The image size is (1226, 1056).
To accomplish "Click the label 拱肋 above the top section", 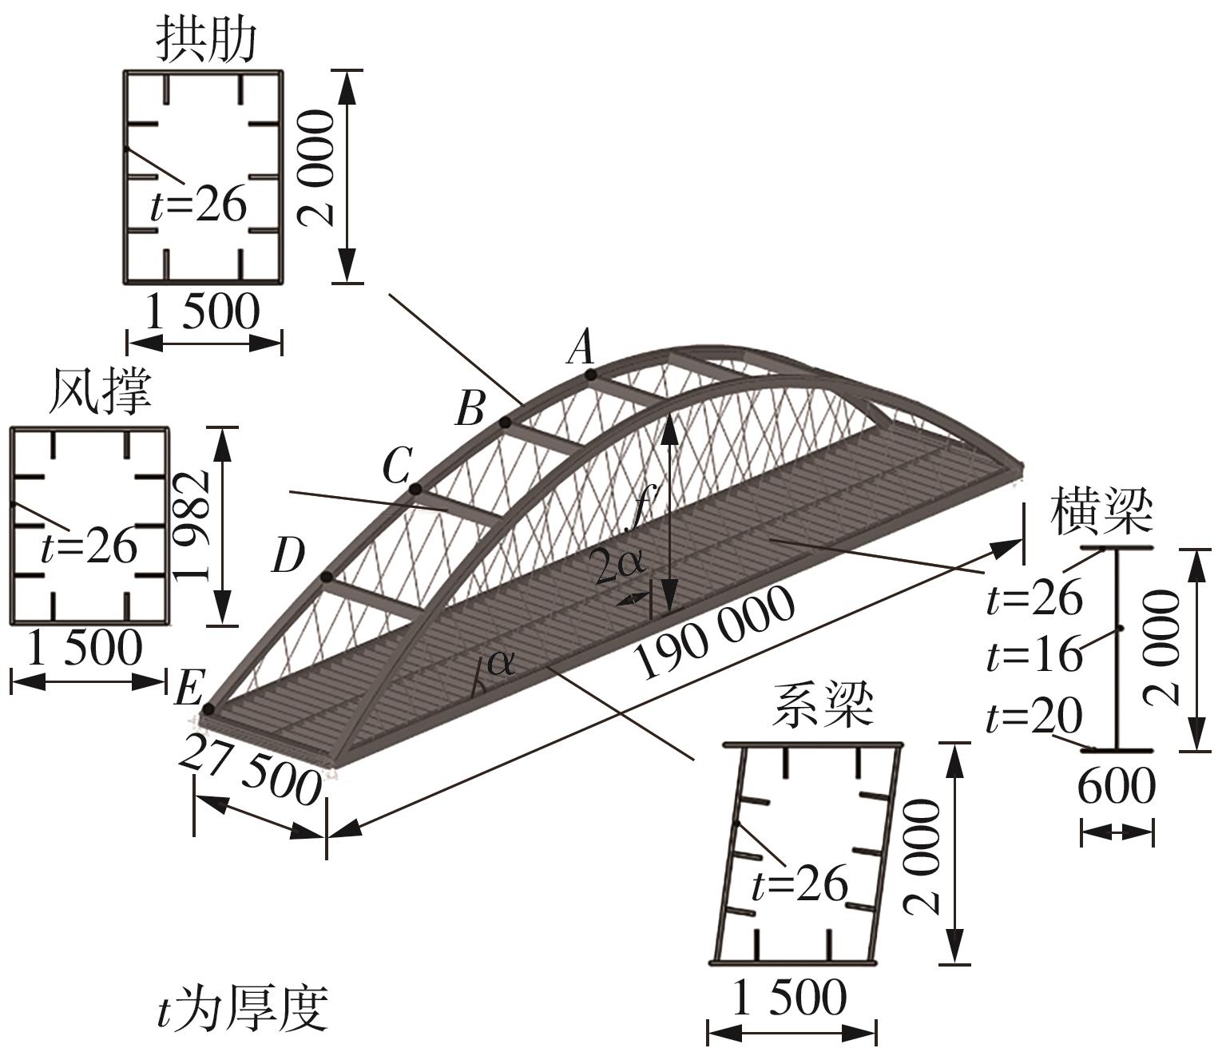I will coord(207,40).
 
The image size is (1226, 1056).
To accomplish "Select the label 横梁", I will coord(1102,513).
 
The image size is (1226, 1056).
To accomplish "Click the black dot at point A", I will coord(589,374).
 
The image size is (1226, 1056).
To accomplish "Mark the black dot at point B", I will coord(505,422).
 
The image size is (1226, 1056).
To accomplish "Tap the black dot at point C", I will coord(415,489).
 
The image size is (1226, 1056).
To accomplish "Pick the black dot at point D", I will coord(326,577).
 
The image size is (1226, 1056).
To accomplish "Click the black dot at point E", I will coord(208,709).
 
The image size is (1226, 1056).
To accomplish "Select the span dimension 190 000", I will coord(715,633).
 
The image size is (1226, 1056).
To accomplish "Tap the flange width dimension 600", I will coord(1116,787).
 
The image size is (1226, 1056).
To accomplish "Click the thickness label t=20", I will coord(1034,716).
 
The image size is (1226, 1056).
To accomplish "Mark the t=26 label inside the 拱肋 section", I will coord(198,205).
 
